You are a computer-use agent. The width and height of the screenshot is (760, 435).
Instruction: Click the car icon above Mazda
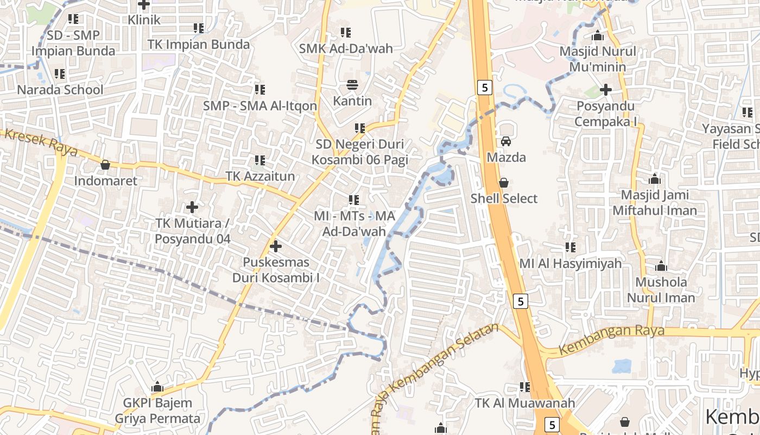tap(506, 141)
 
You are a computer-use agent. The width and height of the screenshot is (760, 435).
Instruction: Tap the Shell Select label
tap(504, 198)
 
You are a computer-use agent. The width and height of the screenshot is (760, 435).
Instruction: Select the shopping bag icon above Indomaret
tap(105, 165)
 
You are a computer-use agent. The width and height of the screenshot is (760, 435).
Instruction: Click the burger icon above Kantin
tap(352, 85)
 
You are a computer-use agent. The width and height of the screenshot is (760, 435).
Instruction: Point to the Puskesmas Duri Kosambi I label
tap(276, 270)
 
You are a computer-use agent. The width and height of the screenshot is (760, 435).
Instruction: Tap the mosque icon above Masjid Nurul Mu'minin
tap(598, 36)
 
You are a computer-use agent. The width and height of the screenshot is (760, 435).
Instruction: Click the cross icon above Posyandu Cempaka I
tap(606, 90)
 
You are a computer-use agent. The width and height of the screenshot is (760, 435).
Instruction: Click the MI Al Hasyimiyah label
tap(570, 264)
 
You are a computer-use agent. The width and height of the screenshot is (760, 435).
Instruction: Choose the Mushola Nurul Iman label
tap(661, 290)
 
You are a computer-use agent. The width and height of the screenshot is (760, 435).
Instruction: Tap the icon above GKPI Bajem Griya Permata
tap(157, 387)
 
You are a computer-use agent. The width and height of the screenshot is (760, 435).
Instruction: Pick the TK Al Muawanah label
tap(524, 403)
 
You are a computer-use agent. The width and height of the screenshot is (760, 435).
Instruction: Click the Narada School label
tap(60, 90)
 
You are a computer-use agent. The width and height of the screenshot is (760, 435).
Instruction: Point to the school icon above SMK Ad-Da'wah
tap(345, 33)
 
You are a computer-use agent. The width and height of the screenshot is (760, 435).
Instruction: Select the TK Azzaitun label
tap(260, 176)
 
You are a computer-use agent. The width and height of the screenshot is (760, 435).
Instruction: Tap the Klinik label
tap(144, 20)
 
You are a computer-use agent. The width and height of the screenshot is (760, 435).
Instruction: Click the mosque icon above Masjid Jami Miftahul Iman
tap(655, 179)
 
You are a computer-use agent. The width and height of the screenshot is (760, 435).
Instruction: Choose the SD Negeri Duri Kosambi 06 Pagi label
tap(359, 152)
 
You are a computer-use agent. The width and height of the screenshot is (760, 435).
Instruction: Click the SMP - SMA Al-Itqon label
tap(260, 105)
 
